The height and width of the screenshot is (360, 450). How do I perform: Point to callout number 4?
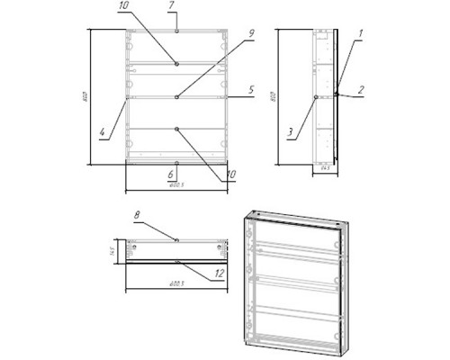coord(102,134)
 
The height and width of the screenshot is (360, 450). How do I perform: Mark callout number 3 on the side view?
coord(291,132)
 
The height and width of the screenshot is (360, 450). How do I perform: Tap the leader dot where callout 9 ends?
coord(178,96)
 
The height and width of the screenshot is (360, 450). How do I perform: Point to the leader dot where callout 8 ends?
coord(177,239)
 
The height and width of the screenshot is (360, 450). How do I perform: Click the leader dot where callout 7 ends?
coord(178,32)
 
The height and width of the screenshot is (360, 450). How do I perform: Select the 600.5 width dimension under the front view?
coord(176,185)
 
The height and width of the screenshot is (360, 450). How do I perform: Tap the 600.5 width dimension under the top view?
coord(176,284)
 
